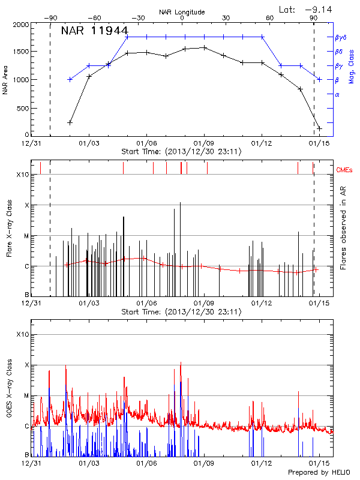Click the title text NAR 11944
[x=94, y=31]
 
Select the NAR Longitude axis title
[x=182, y=12]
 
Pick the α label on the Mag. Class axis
[x=337, y=94]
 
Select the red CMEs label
[x=345, y=170]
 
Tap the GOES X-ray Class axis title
[x=10, y=387]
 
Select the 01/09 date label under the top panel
[x=204, y=144]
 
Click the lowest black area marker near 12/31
[x=70, y=122]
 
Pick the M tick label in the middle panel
[x=26, y=236]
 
